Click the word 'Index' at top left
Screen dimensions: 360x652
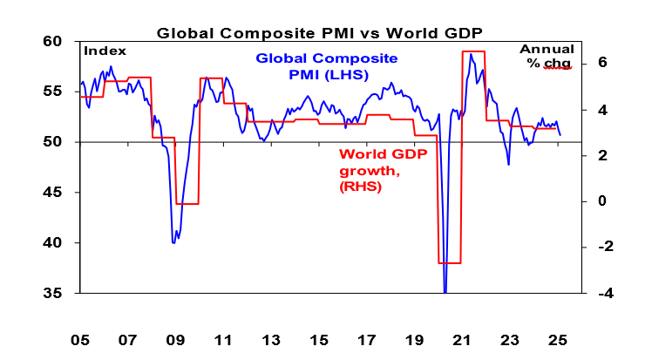pyautogui.click(x=105, y=51)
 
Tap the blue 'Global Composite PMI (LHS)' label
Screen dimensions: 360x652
pyautogui.click(x=326, y=67)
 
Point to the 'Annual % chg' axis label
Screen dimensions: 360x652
pyautogui.click(x=547, y=58)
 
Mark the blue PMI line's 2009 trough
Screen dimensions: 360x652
pyautogui.click(x=173, y=242)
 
